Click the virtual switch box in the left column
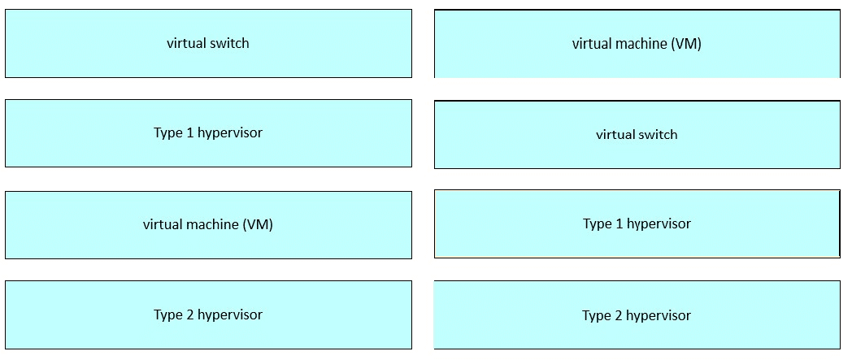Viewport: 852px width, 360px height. point(209,43)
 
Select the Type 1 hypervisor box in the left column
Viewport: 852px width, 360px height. point(209,133)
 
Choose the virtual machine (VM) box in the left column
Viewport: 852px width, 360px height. point(209,225)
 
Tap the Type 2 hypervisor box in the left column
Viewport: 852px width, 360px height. point(209,315)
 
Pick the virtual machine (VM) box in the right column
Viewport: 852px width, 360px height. point(637,44)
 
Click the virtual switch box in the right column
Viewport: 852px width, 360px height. point(637,135)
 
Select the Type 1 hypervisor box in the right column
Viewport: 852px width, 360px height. point(637,223)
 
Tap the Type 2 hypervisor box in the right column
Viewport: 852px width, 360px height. point(637,315)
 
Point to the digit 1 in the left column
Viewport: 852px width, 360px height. point(189,132)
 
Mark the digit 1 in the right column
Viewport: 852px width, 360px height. point(619,223)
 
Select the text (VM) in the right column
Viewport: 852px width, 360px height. point(685,44)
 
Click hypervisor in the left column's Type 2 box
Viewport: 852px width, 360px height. point(230,315)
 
